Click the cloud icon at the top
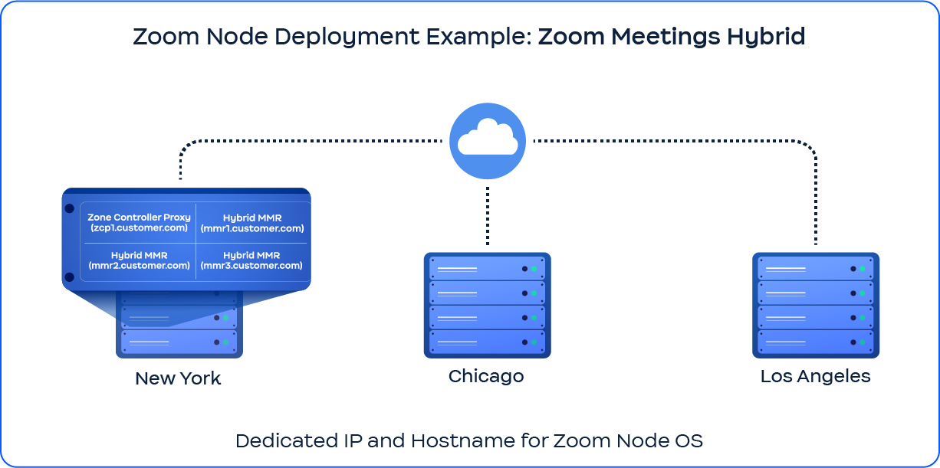488,141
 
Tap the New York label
178,378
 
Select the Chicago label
486,376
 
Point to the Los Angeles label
815,376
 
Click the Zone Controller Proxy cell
139,223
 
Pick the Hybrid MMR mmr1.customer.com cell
251,223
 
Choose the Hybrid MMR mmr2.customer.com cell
139,260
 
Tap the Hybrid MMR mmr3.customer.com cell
251,260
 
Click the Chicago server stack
487,305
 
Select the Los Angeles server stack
815,305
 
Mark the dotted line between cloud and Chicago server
488,216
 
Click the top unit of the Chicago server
487,269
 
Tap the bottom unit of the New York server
179,342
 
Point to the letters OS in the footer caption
689,441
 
